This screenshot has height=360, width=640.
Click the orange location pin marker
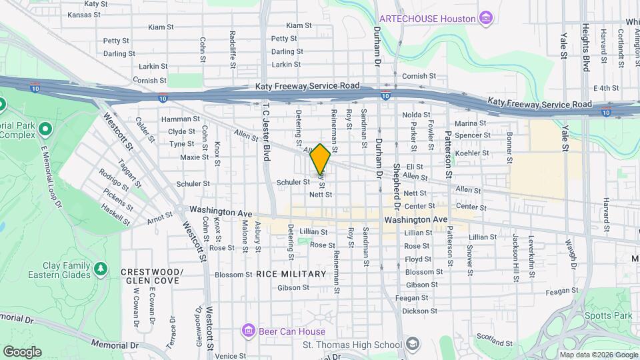coord(321,159)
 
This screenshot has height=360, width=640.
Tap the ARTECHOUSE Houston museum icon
coord(487,17)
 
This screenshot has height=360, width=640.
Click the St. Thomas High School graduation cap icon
coord(413,344)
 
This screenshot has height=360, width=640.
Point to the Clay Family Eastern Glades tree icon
coord(100,268)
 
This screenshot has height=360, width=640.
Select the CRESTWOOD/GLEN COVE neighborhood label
coord(151,277)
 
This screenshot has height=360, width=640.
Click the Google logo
coord(22,351)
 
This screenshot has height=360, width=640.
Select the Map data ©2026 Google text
coord(599,355)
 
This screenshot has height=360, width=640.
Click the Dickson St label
coord(419,311)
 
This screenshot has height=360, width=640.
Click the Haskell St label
coord(115,215)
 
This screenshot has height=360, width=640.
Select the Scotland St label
coord(494,341)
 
